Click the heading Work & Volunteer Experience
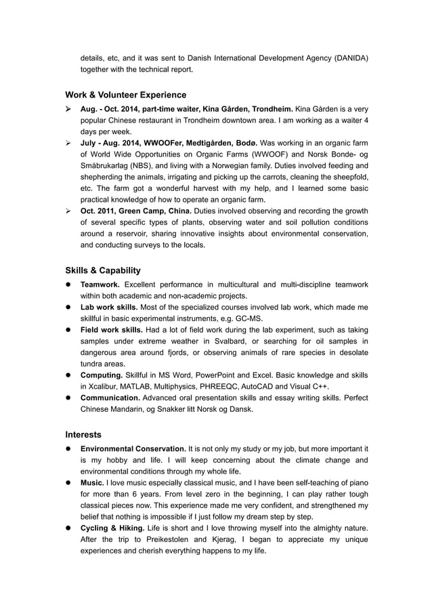click(125, 94)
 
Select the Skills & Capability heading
click(103, 270)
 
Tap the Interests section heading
click(83, 434)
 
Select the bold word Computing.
click(103, 375)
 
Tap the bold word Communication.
click(112, 398)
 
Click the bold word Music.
click(92, 482)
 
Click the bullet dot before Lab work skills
click(69, 308)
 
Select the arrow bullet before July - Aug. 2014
click(69, 143)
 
